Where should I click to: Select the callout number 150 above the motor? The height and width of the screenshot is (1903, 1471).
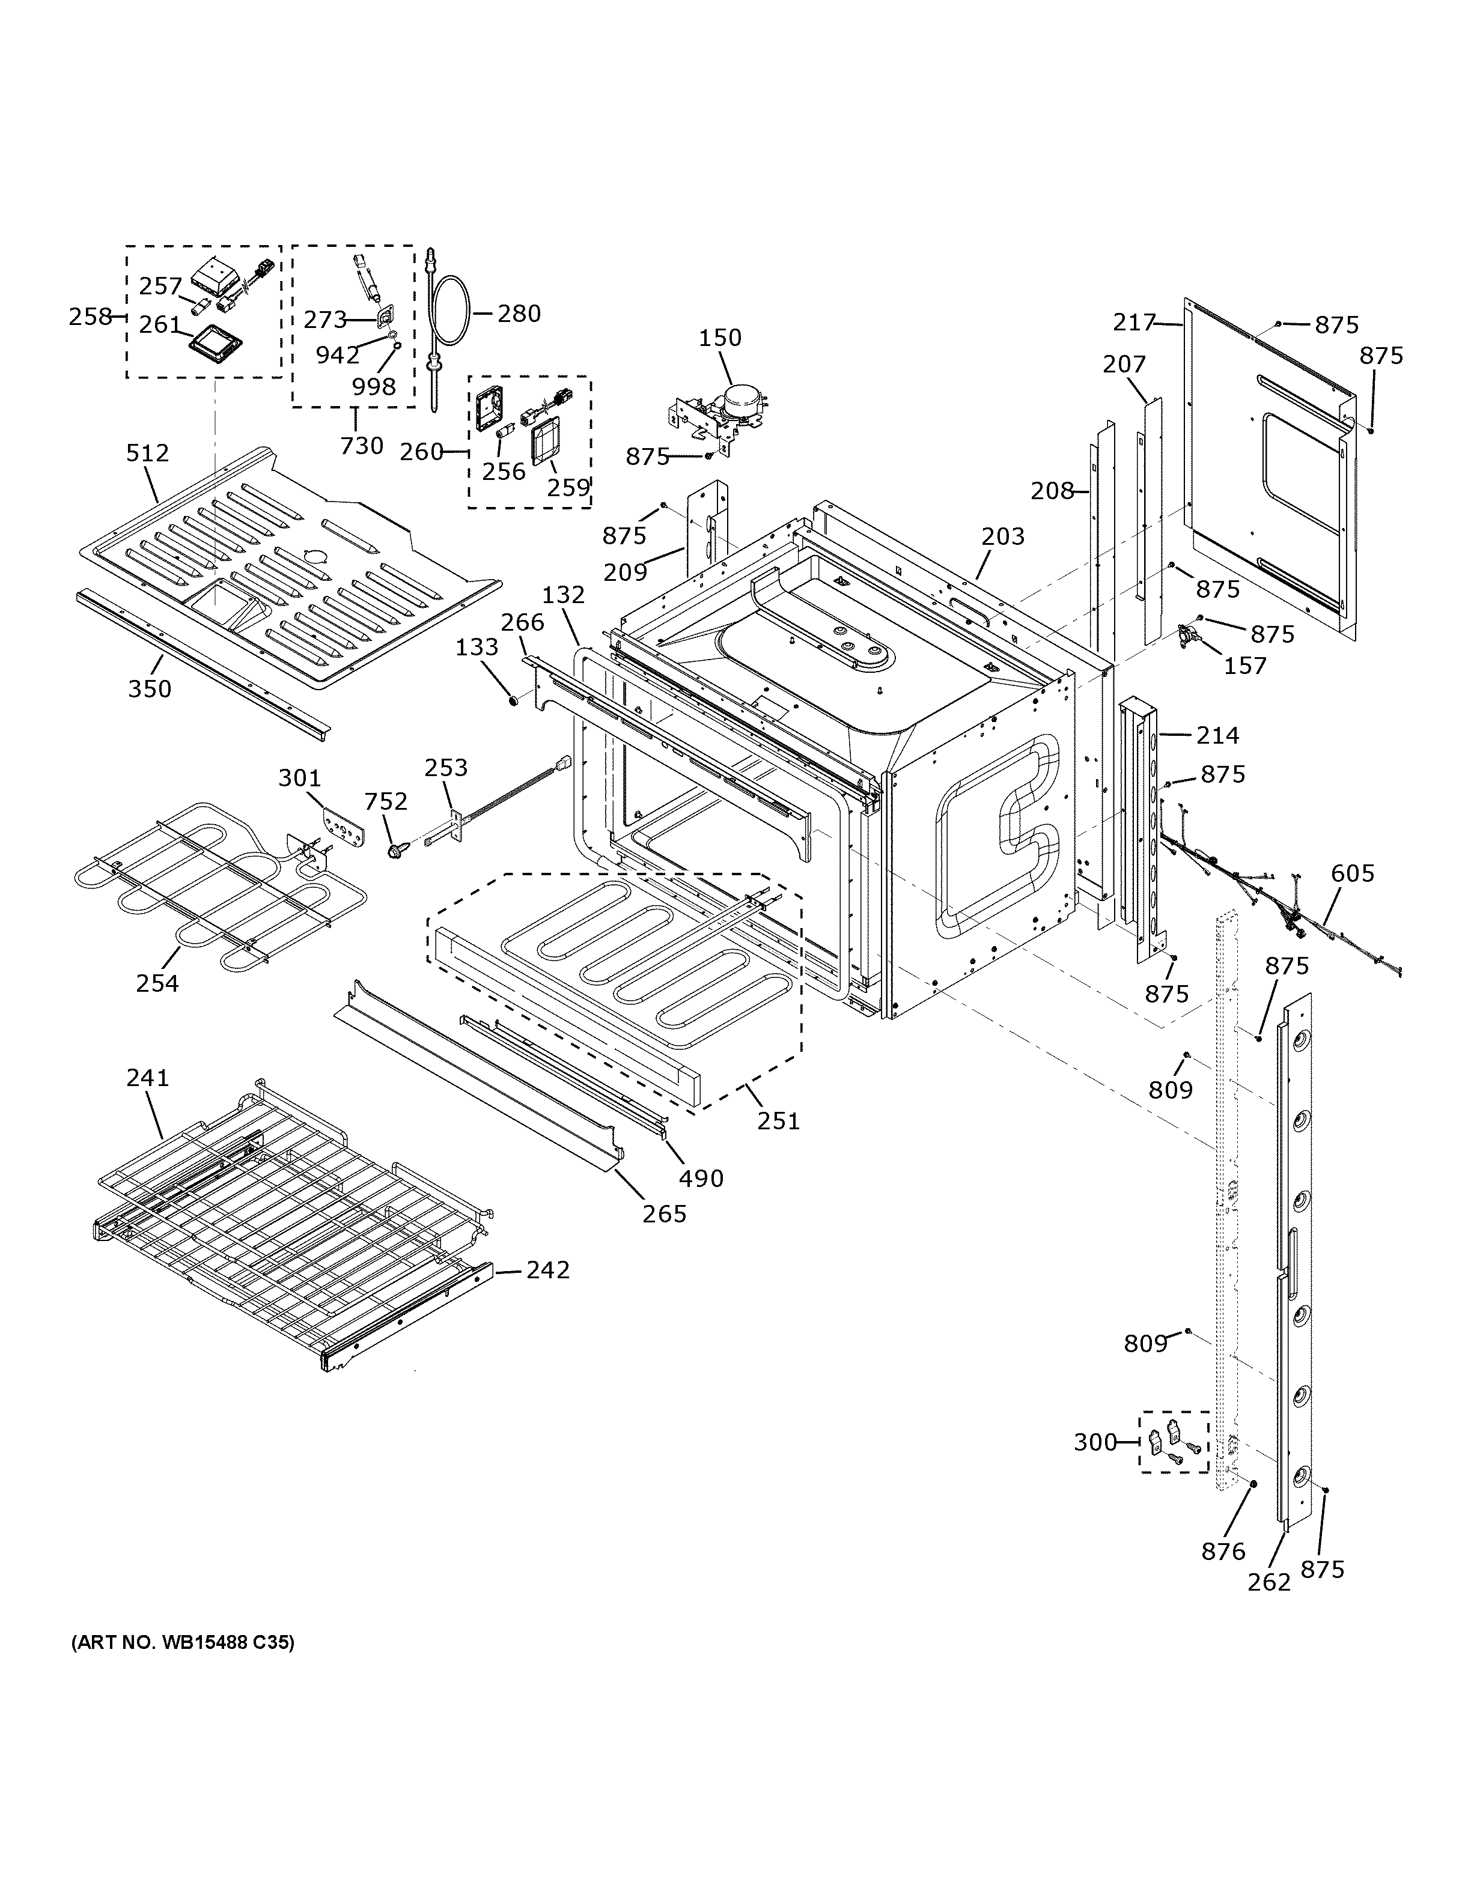point(720,338)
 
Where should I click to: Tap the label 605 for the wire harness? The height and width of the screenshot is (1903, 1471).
point(1353,873)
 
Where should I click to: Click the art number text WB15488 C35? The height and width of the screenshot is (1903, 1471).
point(183,1643)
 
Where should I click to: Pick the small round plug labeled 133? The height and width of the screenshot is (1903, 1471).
point(513,698)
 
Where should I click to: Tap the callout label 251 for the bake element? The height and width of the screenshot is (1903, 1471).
point(778,1120)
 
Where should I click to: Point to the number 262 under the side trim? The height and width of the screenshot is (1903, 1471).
point(1269,1582)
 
